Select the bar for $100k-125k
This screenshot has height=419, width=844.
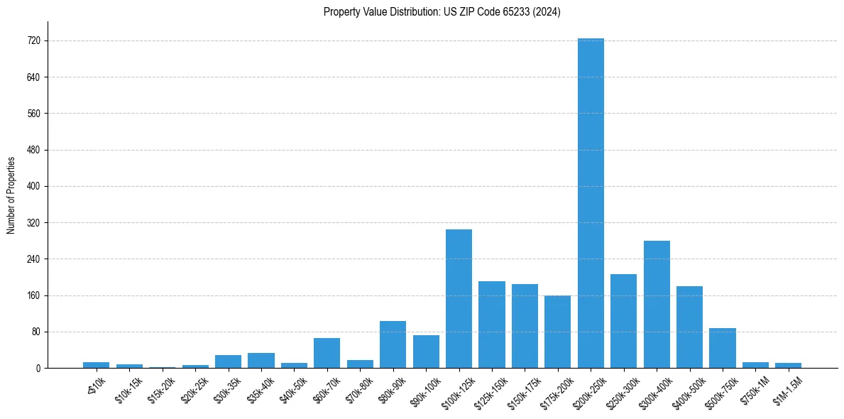tap(459, 298)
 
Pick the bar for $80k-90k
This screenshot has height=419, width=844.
tap(393, 344)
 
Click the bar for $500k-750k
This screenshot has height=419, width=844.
tap(723, 348)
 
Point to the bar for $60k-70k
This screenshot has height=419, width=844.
tap(327, 353)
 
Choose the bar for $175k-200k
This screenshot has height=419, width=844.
tap(557, 332)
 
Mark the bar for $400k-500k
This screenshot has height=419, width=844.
tap(689, 327)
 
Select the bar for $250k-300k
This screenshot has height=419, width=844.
tap(623, 321)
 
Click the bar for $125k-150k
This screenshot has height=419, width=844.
tap(492, 325)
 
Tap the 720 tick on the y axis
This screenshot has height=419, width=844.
tap(34, 41)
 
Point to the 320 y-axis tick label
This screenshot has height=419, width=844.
tap(34, 223)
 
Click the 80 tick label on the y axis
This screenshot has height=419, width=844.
tap(36, 332)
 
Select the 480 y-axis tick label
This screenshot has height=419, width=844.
tap(34, 150)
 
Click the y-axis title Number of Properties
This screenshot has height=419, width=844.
tap(11, 195)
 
